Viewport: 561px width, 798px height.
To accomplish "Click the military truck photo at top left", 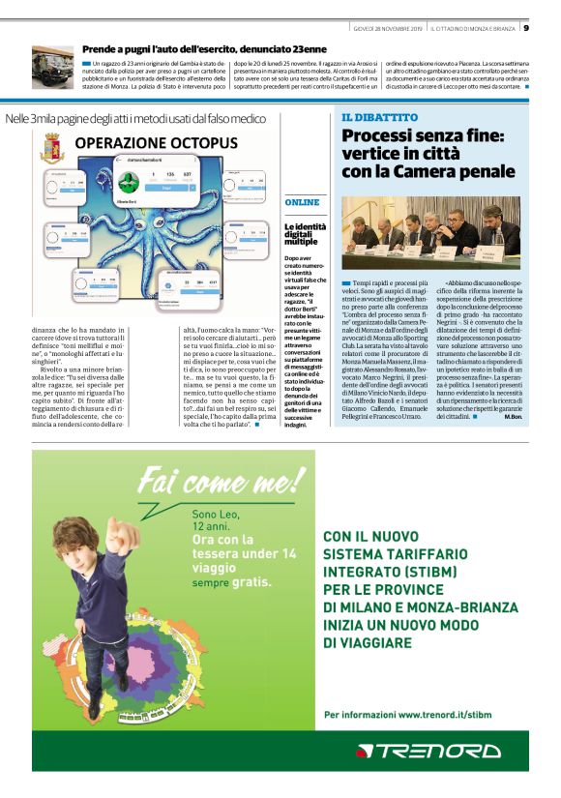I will pyautogui.click(x=52, y=67).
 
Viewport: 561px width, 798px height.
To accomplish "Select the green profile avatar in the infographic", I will pyautogui.click(x=126, y=182).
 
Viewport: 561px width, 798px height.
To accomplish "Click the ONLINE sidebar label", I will pyautogui.click(x=302, y=202).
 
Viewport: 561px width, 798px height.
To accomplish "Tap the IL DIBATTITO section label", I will pyautogui.click(x=380, y=117).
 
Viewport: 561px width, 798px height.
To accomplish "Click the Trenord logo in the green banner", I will pyautogui.click(x=428, y=751).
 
